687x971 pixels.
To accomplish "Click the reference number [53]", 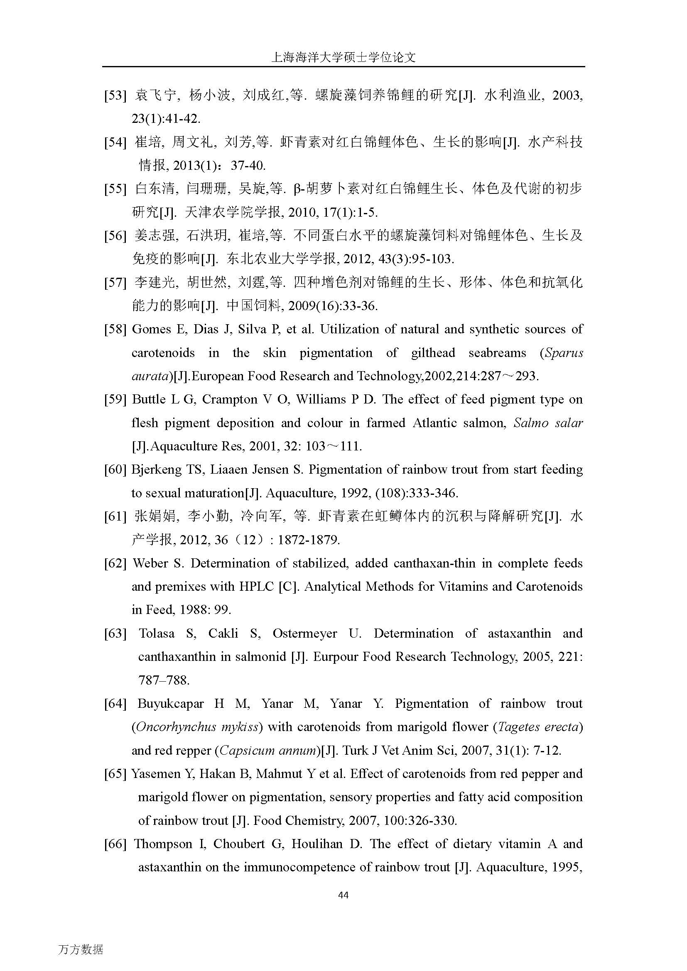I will pyautogui.click(x=115, y=95).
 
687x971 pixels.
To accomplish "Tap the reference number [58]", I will pyautogui.click(x=115, y=330).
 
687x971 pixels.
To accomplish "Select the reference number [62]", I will pyautogui.click(x=115, y=563).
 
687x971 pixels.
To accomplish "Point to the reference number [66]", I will pyautogui.click(x=115, y=844).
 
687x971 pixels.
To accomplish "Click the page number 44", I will pyautogui.click(x=343, y=895).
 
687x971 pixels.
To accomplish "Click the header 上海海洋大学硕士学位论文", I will pyautogui.click(x=343, y=58).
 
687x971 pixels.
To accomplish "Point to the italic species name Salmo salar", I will pyautogui.click(x=548, y=423).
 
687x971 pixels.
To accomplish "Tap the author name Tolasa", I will pyautogui.click(x=157, y=633).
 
